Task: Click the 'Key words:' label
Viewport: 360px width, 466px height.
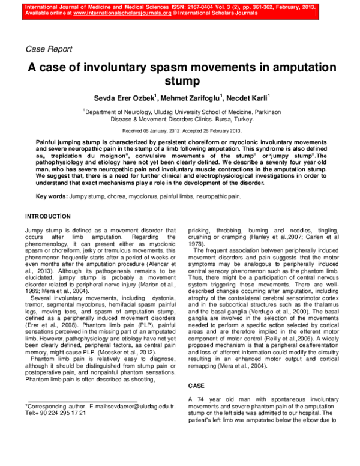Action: (x=51, y=197)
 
